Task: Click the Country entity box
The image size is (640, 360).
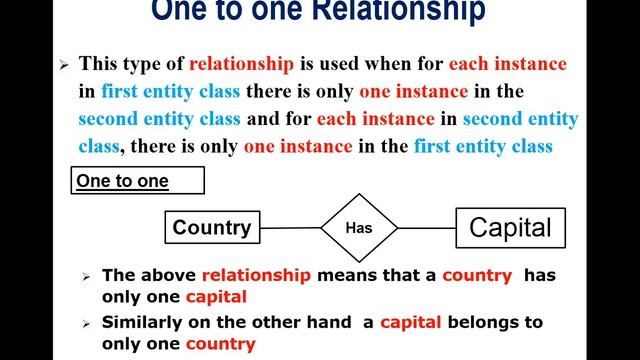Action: (212, 228)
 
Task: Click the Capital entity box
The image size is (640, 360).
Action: (510, 228)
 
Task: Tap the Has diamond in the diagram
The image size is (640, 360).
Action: (358, 228)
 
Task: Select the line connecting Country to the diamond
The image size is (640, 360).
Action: (291, 228)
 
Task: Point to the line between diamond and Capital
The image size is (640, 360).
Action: (426, 228)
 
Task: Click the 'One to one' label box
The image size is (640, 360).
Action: (136, 181)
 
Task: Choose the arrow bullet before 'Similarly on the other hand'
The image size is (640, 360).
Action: (87, 324)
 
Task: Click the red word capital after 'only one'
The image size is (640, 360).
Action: (215, 297)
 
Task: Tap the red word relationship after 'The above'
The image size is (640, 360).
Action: (256, 275)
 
